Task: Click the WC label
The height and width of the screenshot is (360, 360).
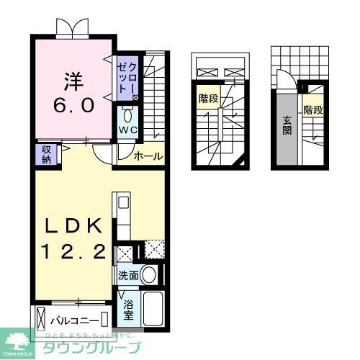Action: [127, 130]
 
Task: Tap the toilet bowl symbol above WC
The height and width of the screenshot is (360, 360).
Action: [127, 115]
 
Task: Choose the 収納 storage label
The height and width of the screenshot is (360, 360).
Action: [45, 153]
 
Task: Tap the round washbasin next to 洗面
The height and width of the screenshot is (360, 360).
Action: [148, 274]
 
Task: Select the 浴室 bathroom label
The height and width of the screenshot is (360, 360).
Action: [128, 309]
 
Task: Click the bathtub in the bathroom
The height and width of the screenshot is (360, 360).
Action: [154, 310]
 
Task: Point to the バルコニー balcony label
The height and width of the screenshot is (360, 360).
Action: [74, 318]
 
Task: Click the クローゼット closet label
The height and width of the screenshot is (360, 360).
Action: [127, 76]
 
